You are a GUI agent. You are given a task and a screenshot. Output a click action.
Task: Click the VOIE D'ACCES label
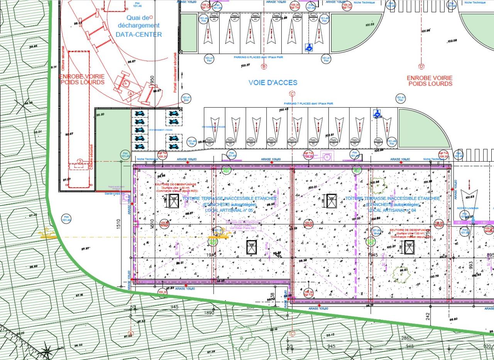click(x=273, y=83)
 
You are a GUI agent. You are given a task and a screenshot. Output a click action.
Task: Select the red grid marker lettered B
click(x=264, y=67)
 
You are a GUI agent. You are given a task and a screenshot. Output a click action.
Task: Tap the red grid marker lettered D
click(x=421, y=66)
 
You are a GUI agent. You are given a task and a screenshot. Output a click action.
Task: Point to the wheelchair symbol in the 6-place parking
click(x=308, y=47)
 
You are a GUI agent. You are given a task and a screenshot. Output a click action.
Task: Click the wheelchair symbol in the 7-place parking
click(x=377, y=114)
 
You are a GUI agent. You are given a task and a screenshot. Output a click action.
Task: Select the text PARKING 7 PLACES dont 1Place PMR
click(x=308, y=104)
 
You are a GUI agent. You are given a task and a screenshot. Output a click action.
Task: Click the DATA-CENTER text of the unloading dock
click(x=139, y=34)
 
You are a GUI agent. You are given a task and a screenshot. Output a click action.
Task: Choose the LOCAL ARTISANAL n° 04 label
click(x=392, y=210)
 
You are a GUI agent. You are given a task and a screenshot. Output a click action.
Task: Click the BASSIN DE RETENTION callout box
click(x=243, y=225)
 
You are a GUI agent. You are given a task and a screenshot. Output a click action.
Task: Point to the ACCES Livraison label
click(x=467, y=208)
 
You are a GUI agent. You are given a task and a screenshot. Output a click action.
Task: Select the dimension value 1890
click(x=209, y=313)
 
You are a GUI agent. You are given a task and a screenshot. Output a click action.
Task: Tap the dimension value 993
click(x=471, y=266)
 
